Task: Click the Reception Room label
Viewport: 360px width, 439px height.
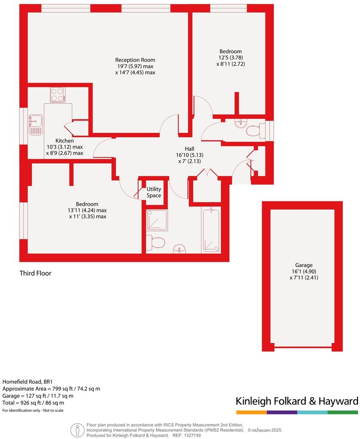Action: pyautogui.click(x=135, y=60)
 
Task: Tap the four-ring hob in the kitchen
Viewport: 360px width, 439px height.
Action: pyautogui.click(x=57, y=95)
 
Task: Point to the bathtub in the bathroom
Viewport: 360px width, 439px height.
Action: pyautogui.click(x=211, y=230)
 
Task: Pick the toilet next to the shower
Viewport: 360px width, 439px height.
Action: pyautogui.click(x=156, y=242)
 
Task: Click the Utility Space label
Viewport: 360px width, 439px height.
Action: pyautogui.click(x=154, y=192)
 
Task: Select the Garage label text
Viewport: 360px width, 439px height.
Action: pyautogui.click(x=303, y=265)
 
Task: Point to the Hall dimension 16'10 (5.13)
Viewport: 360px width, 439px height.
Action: pyautogui.click(x=189, y=155)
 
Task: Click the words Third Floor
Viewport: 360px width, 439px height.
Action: pyautogui.click(x=36, y=273)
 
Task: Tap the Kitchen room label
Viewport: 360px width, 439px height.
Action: pyautogui.click(x=64, y=141)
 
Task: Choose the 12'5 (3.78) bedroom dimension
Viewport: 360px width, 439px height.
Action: pyautogui.click(x=230, y=58)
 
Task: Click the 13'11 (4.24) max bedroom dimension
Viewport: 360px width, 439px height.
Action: pyautogui.click(x=88, y=210)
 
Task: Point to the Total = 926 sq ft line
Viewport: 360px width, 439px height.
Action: pyautogui.click(x=33, y=403)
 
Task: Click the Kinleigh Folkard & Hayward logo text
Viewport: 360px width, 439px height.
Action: pyautogui.click(x=296, y=401)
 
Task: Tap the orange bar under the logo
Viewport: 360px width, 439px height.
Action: pyautogui.click(x=251, y=412)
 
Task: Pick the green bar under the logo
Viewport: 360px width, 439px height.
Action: pyautogui.click(x=343, y=412)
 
